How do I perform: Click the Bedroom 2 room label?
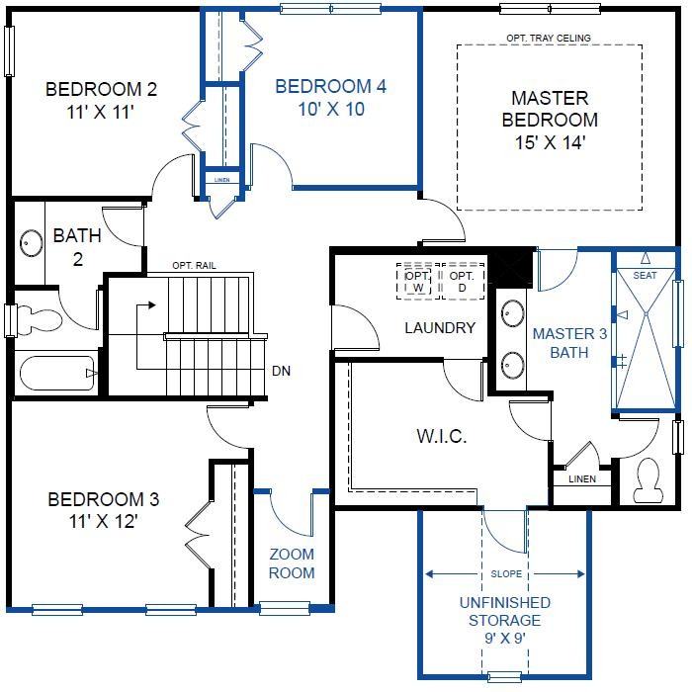[101, 100]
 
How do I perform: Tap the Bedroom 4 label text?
[331, 98]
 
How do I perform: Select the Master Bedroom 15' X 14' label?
[550, 120]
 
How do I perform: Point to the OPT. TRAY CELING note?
[549, 38]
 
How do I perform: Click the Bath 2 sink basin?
[32, 243]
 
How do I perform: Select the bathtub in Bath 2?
[57, 374]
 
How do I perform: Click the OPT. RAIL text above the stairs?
[194, 265]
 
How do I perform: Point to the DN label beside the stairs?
[281, 371]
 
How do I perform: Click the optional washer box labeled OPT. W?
[417, 282]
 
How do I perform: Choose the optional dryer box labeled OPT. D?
[462, 282]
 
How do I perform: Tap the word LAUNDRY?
[440, 327]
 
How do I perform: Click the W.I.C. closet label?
[441, 436]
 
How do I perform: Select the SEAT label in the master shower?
[645, 276]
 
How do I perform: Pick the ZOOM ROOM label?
[292, 563]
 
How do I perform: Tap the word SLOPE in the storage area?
[506, 573]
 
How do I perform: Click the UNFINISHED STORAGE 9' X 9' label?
[504, 620]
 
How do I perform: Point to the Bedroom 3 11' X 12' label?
[103, 510]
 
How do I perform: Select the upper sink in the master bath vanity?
[512, 313]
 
